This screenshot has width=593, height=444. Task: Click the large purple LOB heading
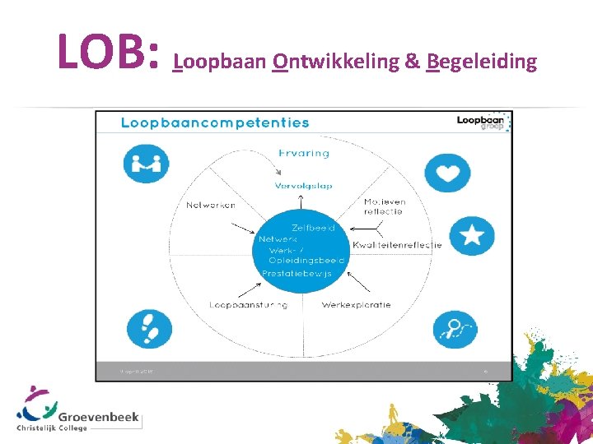point(107,51)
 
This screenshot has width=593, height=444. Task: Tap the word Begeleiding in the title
point(482,62)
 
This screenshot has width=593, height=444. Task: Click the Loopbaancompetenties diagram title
point(215,123)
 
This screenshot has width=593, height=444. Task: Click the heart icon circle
point(447,173)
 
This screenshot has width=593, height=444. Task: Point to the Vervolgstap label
point(303,186)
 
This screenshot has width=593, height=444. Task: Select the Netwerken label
point(211,205)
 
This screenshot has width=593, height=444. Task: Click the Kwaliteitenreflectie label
point(397,244)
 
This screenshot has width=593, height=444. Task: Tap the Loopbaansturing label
point(248,304)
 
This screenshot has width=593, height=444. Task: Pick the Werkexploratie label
point(356,304)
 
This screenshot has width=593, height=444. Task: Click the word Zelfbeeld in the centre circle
point(313,227)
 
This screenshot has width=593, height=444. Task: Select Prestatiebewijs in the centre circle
point(296,273)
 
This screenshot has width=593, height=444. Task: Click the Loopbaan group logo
point(483,122)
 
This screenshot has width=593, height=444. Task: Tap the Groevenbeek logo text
point(98,418)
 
